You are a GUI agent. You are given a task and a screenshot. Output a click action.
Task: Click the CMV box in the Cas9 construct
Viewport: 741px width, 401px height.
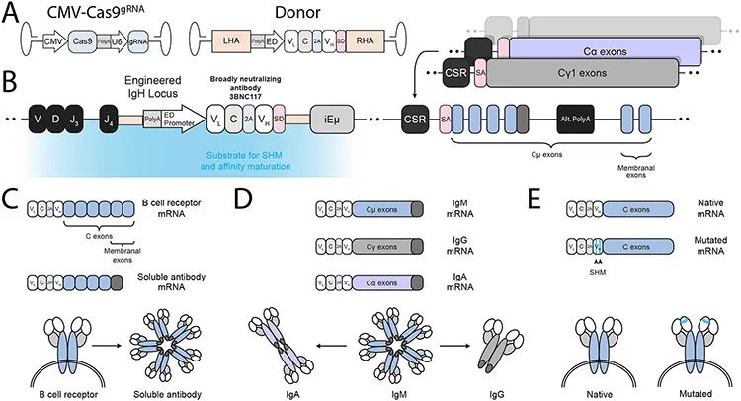coord(51,43)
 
